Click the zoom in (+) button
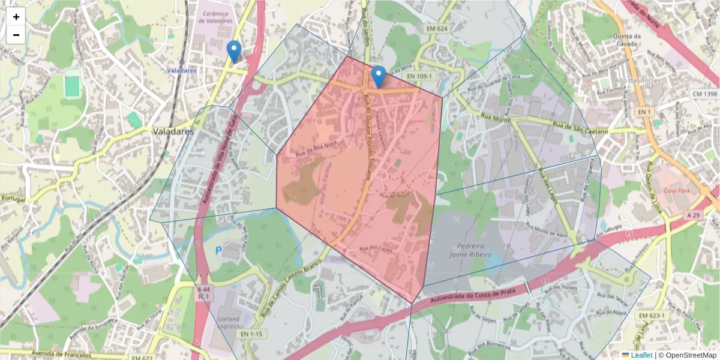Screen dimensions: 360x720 coord(16,17)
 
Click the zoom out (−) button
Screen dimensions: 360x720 coord(16,35)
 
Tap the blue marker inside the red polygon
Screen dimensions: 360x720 coord(378,77)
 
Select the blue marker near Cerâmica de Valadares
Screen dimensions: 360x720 coord(234,52)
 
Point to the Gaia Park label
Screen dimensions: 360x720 coord(677,191)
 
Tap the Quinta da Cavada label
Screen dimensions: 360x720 coord(628,40)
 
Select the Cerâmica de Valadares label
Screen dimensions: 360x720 coord(217,17)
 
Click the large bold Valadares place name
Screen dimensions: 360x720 coord(173,131)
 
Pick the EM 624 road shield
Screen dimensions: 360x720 coord(437,29)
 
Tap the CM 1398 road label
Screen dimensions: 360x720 coord(704,94)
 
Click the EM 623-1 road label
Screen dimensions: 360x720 coord(652,316)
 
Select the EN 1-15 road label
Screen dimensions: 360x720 coord(251,333)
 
